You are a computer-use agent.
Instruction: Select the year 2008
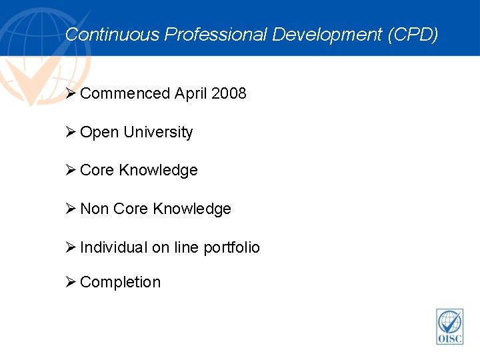point(229,93)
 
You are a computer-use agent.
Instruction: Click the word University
point(157,132)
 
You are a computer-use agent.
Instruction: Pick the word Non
point(95,209)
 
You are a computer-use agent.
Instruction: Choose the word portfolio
point(231,247)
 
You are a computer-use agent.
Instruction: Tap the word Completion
point(120,282)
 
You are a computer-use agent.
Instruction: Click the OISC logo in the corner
point(449,327)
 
